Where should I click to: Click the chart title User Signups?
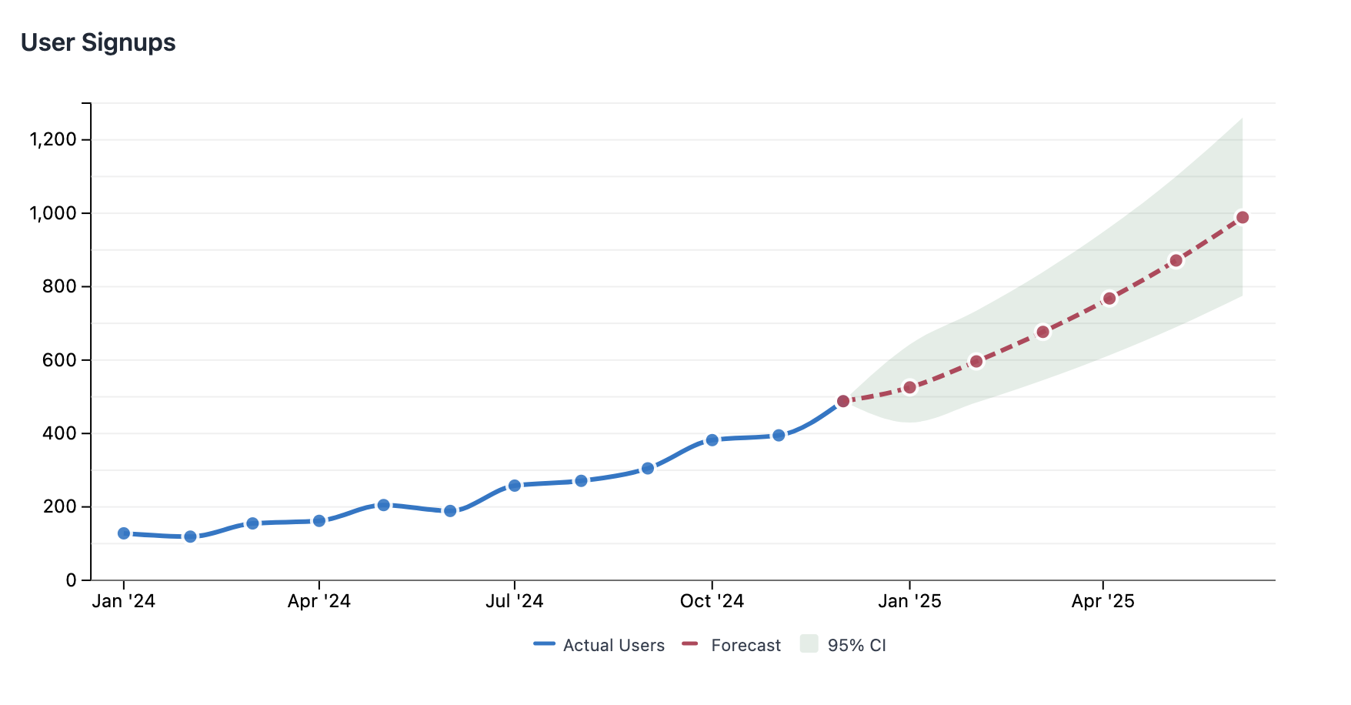coord(98,42)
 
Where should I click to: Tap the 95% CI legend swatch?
coord(809,644)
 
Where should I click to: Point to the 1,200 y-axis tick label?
coord(53,139)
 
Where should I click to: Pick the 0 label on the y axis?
coord(72,580)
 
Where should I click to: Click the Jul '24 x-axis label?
coord(514,601)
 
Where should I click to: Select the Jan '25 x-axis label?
coord(909,601)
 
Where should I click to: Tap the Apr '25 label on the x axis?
coord(1102,601)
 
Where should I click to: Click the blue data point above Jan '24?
coord(124,533)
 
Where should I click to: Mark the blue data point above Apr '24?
coord(319,521)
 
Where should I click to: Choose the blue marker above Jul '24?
coord(515,486)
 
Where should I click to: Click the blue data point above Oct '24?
coord(712,440)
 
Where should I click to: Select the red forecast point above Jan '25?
coord(909,387)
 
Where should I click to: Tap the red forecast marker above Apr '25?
coord(1109,299)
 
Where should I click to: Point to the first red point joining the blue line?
coord(843,401)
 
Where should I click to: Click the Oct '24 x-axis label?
coord(712,601)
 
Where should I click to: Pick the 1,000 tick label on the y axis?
coord(53,213)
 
